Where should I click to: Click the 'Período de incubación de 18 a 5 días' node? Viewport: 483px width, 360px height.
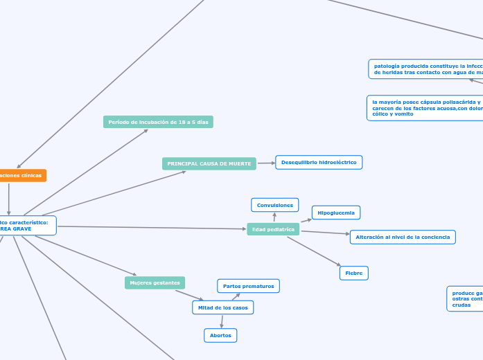coord(158,122)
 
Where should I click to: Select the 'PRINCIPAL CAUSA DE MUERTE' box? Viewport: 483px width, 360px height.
coord(209,163)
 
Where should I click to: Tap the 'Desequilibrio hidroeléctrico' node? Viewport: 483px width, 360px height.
coord(319,162)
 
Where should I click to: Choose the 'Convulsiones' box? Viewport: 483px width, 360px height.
coord(275,205)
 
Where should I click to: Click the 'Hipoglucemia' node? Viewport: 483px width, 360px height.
coord(336,213)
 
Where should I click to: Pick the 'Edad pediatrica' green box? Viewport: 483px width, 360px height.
coord(273,229)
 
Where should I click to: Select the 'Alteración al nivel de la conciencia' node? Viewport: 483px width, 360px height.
coord(403,237)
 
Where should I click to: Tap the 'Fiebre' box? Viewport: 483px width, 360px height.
coord(354,273)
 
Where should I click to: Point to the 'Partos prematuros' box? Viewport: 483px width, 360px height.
coord(249,286)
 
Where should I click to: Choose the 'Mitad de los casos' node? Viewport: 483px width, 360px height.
coord(222,307)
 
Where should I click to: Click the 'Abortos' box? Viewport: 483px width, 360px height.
coord(220,335)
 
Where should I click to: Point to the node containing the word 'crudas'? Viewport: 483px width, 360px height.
coord(465,298)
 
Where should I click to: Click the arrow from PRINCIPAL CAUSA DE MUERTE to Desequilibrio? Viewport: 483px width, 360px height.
coord(266,163)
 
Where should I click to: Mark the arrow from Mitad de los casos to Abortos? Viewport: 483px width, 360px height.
coord(222,321)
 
